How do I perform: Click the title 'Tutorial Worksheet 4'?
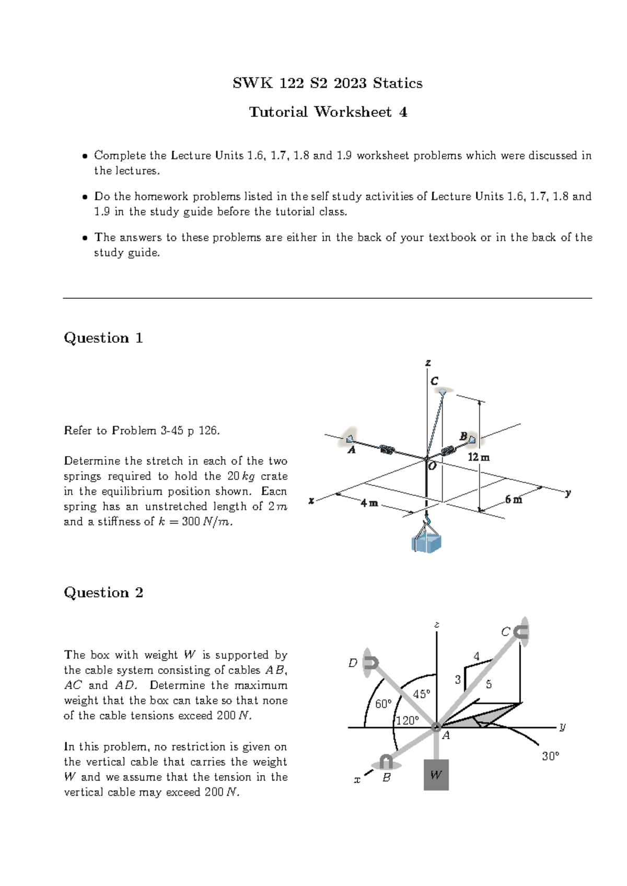point(328,112)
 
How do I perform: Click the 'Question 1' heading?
point(103,338)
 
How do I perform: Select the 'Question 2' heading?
point(103,592)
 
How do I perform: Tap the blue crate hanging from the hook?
point(427,542)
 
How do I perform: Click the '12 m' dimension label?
point(478,457)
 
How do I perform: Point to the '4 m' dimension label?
point(369,504)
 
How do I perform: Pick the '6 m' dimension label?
point(514,500)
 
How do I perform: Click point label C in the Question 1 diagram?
point(434,381)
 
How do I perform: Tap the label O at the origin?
point(432,466)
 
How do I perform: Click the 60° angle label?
point(384,704)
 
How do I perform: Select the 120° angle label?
point(408,721)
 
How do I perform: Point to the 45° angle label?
point(421,694)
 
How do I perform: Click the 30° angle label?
point(550,756)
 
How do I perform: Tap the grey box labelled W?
point(436,775)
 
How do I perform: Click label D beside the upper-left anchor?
point(353,663)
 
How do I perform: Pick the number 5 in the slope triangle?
point(489,684)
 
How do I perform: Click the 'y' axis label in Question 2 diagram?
point(562,726)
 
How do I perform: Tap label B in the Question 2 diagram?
point(387,777)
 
